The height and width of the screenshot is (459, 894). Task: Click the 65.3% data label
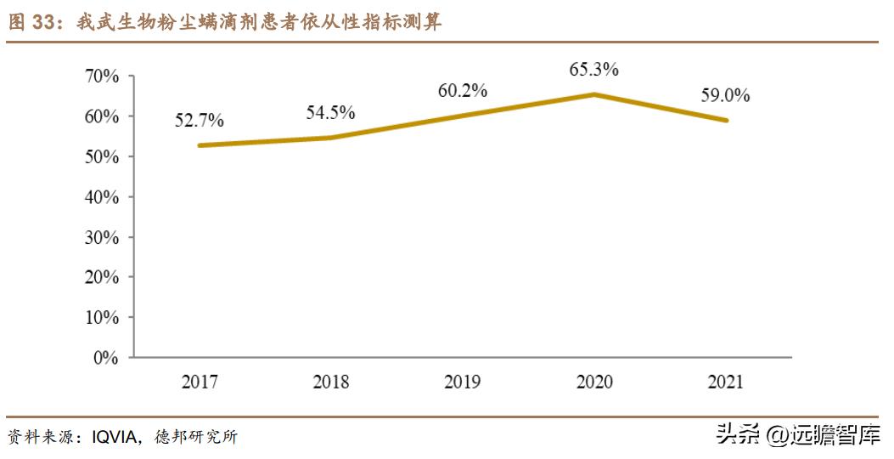click(594, 70)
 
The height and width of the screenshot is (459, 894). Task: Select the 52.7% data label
click(200, 121)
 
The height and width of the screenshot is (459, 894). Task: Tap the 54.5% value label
click(331, 112)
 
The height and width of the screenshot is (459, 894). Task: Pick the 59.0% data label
click(725, 95)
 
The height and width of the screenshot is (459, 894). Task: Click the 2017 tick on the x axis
click(200, 382)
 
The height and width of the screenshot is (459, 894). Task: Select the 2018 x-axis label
click(331, 382)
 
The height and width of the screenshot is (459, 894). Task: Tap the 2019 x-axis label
click(463, 382)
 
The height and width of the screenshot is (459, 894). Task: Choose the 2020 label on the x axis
click(594, 382)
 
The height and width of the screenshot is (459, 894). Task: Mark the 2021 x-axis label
click(725, 382)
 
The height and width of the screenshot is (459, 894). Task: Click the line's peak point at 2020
click(594, 94)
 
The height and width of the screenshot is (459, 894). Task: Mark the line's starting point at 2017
click(200, 145)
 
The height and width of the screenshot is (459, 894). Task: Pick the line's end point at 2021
click(726, 120)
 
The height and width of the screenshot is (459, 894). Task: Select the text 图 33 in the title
click(31, 23)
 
